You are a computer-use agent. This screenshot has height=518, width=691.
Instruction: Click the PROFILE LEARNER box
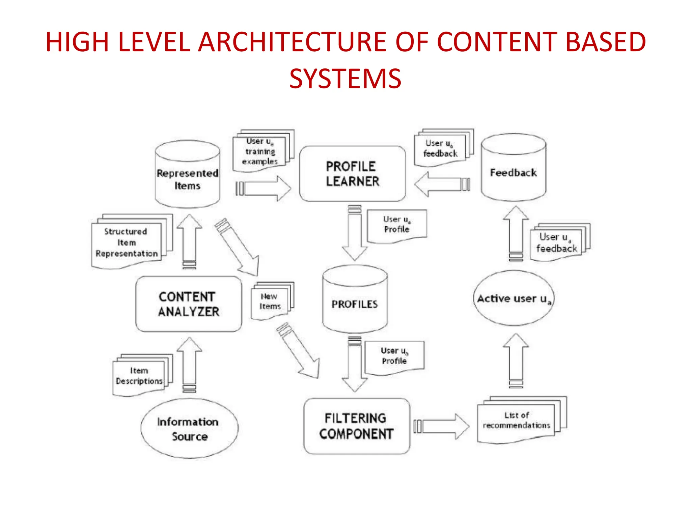click(352, 174)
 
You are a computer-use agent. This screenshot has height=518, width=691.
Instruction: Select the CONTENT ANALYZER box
click(189, 304)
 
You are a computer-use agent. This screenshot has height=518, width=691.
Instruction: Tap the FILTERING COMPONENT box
click(356, 426)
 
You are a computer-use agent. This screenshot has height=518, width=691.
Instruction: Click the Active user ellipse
click(513, 298)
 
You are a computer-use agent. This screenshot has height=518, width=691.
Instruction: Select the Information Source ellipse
click(189, 428)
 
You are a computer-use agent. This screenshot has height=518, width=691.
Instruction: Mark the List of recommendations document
click(516, 421)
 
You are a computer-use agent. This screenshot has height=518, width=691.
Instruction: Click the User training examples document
click(260, 152)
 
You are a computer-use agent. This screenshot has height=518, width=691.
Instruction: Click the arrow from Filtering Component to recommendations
click(442, 426)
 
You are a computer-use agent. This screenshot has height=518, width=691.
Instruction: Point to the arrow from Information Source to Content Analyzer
click(189, 364)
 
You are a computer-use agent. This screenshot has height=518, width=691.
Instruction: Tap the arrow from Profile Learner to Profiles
click(354, 233)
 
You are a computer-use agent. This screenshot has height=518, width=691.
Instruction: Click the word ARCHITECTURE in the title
click(292, 42)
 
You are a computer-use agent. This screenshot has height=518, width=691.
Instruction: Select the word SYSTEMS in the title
click(345, 79)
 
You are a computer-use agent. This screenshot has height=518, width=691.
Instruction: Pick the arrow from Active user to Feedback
click(516, 233)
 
